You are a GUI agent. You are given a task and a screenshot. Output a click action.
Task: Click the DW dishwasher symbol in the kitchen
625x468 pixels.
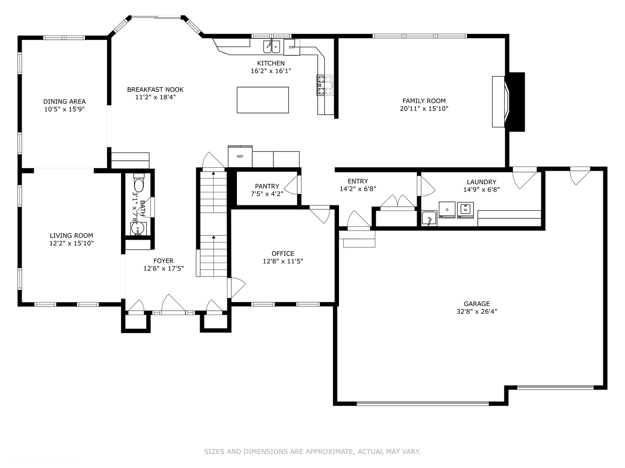click(292, 47)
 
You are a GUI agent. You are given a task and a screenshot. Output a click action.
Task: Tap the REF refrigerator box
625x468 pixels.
click(240, 156)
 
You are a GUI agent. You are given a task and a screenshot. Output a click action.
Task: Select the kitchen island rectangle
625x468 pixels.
click(263, 100)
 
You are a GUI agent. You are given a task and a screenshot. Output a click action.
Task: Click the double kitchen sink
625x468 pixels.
click(272, 46)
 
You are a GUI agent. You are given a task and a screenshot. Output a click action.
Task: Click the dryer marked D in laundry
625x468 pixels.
click(447, 210)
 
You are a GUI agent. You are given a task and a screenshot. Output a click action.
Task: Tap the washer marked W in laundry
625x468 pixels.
click(465, 210)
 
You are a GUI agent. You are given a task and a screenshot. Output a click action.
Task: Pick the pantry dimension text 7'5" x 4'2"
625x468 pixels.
click(267, 194)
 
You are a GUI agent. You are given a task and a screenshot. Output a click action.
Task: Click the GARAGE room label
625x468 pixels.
click(477, 304)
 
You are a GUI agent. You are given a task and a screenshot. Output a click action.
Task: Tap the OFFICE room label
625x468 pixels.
click(283, 253)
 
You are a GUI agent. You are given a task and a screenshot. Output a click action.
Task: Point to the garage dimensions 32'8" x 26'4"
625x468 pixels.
click(477, 311)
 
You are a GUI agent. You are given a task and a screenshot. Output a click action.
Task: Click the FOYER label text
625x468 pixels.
click(163, 261)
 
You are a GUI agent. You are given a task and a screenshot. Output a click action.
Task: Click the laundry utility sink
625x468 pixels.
click(429, 218)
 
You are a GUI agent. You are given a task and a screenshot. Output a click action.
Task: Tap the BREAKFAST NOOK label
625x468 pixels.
click(155, 90)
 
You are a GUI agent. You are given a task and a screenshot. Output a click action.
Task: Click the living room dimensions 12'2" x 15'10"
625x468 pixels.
click(72, 244)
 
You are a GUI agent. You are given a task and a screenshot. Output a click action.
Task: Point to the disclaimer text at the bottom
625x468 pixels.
click(312, 452)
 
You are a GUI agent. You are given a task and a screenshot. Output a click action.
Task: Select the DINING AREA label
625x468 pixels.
click(64, 101)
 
